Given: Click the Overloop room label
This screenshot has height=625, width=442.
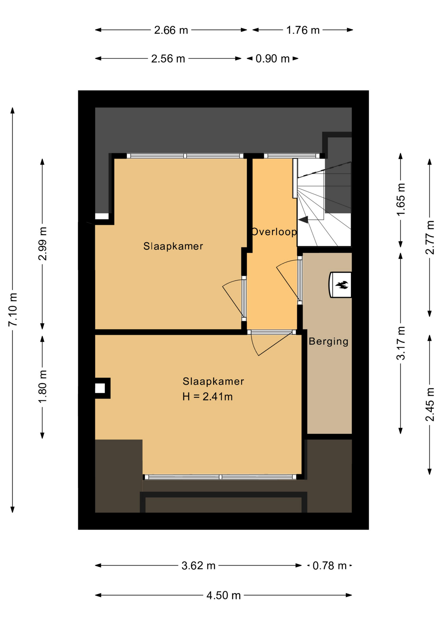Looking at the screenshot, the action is pos(274,232).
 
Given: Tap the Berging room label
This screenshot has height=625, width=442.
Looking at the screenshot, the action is pos(328,341).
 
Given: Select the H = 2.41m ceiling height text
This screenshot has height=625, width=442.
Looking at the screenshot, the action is pos(208,396).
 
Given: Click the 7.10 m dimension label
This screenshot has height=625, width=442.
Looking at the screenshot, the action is pos(13,309).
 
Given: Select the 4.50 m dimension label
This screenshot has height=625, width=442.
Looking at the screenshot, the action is pos(224,595).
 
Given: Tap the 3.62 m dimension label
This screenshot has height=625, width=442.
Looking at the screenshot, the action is pos(199,566).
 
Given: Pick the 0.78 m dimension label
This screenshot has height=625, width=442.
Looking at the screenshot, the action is pos(329,566).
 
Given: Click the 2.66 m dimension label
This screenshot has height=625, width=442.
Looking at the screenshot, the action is pos(171,30).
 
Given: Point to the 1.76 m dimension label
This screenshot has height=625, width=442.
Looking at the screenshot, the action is pos(303,30).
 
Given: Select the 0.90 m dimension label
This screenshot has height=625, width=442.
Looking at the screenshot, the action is pos(272,59).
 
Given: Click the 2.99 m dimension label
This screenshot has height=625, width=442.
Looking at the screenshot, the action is pos(43,244).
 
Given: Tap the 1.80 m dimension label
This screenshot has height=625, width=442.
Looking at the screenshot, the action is pos(43,386).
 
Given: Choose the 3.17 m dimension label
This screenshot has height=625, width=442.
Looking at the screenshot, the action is pos(401,343).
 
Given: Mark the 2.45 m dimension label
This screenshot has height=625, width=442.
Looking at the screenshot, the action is pos(430,404).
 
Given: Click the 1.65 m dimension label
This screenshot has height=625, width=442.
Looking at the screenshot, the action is pos(401,199).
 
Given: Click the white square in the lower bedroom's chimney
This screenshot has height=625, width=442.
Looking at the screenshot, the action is pos(100,388).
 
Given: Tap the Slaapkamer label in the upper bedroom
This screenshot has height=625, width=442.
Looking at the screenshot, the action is pos(173,246).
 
